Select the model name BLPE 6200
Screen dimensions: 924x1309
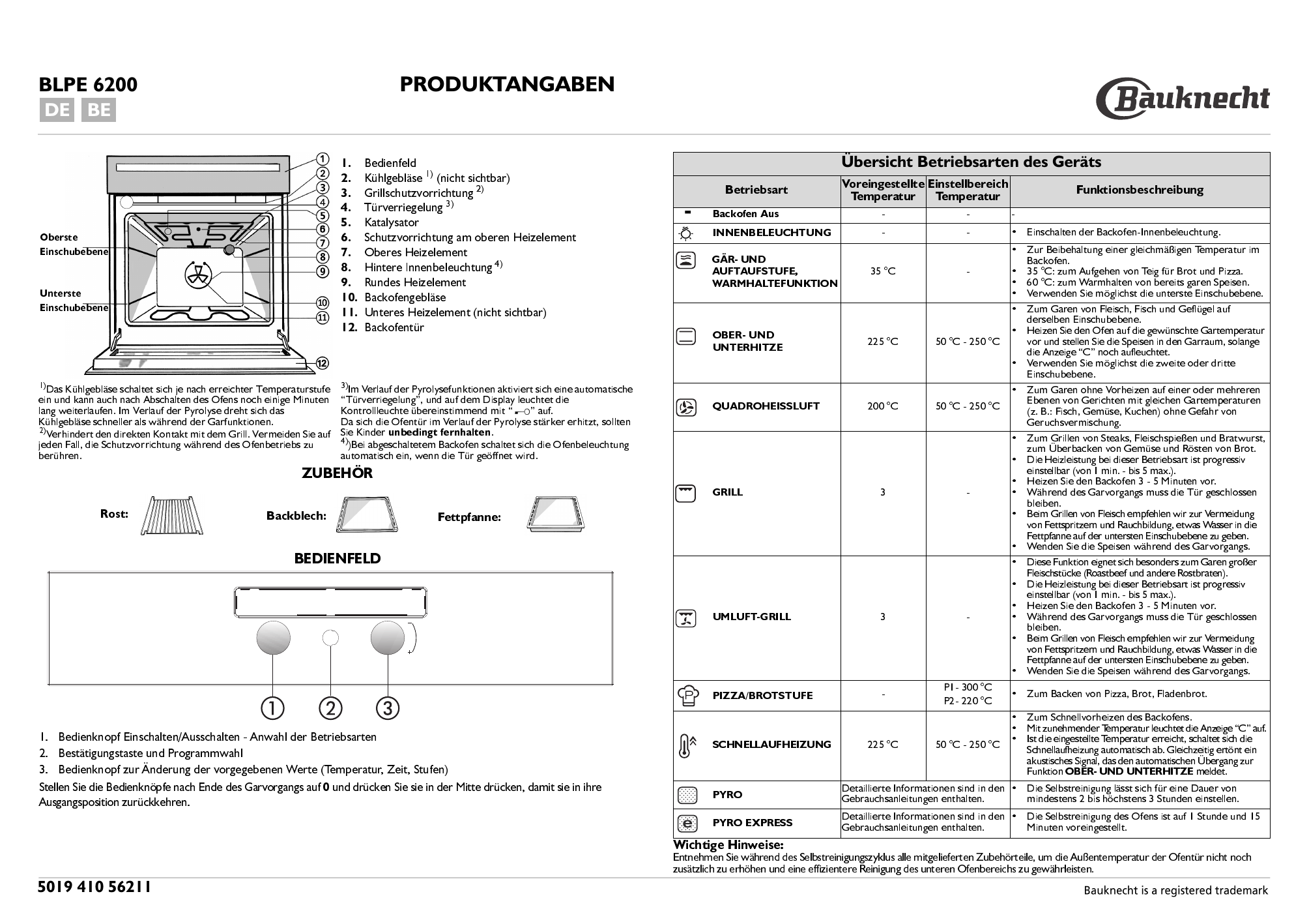(88, 85)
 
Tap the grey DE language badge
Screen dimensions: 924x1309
(57, 110)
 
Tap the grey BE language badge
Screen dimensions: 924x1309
(99, 110)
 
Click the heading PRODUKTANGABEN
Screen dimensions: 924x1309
(506, 85)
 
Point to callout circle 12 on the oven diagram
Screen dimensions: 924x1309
(322, 363)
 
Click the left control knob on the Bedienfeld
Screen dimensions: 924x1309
(272, 638)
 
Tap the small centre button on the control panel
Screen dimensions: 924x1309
(330, 638)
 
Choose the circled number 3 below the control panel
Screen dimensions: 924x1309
(388, 708)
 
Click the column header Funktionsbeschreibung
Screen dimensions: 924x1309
(1139, 190)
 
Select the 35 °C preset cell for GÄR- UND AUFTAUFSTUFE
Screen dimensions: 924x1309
(883, 272)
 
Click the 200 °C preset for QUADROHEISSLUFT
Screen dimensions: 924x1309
(883, 406)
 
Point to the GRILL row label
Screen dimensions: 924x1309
(727, 492)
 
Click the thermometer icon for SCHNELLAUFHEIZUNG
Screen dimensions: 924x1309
(686, 745)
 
